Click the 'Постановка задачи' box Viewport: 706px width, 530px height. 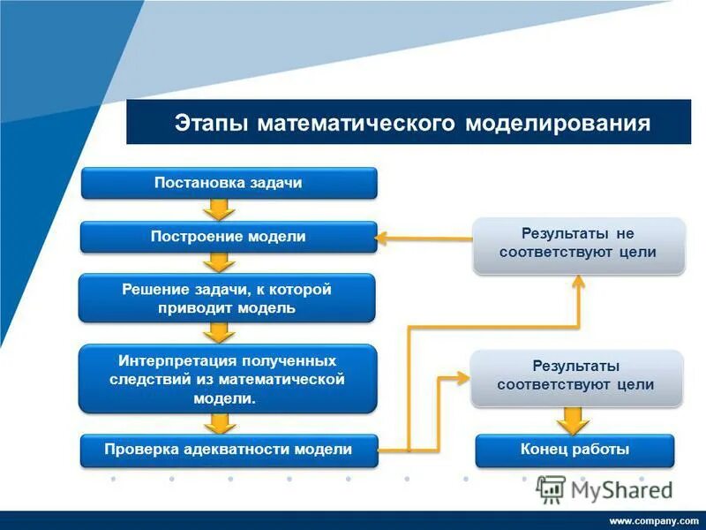click(229, 183)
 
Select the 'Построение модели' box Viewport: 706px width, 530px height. click(229, 237)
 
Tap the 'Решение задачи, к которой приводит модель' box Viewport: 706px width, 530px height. click(228, 299)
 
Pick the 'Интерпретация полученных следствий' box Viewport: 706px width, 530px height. click(228, 379)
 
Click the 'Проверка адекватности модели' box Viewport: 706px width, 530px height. click(229, 450)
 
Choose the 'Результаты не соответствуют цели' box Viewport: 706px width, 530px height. click(578, 243)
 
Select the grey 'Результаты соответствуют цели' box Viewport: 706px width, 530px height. click(575, 375)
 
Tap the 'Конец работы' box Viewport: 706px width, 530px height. click(575, 450)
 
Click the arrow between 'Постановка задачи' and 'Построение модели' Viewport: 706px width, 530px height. click(219, 210)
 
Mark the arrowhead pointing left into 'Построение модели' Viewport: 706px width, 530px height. click(386, 237)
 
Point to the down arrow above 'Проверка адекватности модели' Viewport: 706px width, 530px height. click(219, 423)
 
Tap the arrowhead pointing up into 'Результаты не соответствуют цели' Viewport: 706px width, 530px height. click(578, 280)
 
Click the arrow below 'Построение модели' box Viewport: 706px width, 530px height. click(219, 262)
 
